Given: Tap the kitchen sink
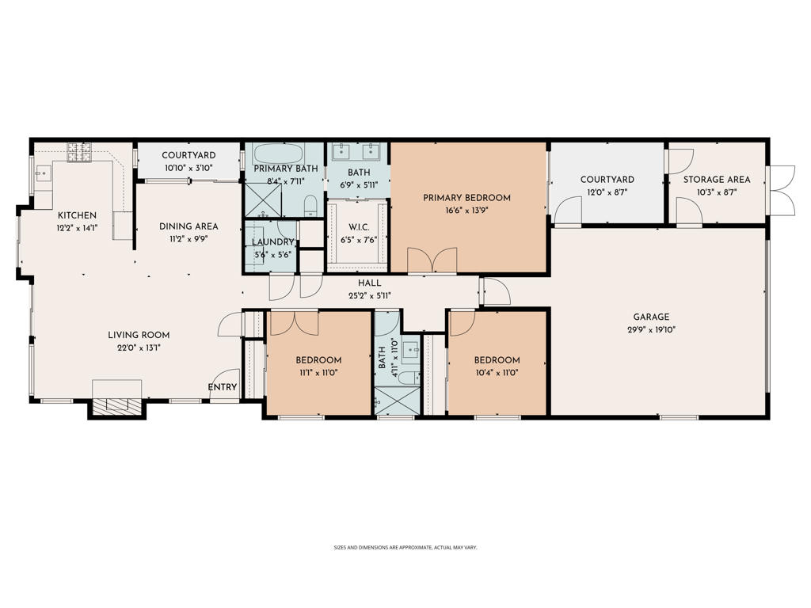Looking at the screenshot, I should pyautogui.click(x=43, y=173).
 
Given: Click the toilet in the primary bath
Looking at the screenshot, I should pyautogui.click(x=310, y=207).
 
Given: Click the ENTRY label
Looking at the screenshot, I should pyautogui.click(x=222, y=387).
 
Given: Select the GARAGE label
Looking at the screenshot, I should pyautogui.click(x=650, y=317).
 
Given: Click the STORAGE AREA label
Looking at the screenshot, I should pyautogui.click(x=717, y=180).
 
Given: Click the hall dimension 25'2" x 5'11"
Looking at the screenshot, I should pyautogui.click(x=369, y=295).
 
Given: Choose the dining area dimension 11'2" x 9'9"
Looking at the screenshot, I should pyautogui.click(x=188, y=238).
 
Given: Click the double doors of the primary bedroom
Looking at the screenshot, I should pyautogui.click(x=432, y=261).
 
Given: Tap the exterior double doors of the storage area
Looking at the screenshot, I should pyautogui.click(x=782, y=191).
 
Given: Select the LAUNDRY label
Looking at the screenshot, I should pyautogui.click(x=272, y=242).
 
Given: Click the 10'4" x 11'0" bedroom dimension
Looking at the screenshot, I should pyautogui.click(x=497, y=373).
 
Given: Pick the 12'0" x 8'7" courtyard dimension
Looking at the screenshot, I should pyautogui.click(x=607, y=192).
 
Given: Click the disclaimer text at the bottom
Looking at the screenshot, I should pyautogui.click(x=405, y=547).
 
